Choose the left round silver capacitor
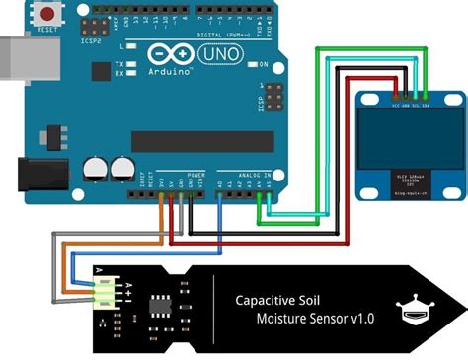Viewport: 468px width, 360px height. click(96, 169)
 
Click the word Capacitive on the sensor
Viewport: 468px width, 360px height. click(266, 299)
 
